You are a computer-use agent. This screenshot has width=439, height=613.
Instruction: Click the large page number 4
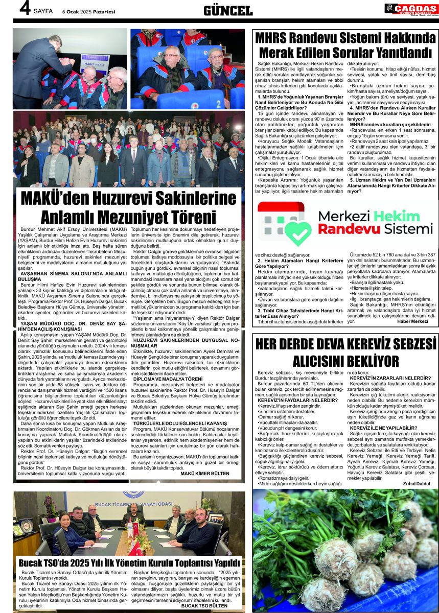(x=22, y=9)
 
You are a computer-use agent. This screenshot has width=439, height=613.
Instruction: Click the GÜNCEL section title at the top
(x=227, y=10)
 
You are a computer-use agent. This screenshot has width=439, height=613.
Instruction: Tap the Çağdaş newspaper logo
(x=411, y=9)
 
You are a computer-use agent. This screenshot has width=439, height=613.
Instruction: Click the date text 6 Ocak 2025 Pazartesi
(x=89, y=11)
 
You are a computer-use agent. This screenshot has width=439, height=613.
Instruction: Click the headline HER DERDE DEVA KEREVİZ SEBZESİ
(x=345, y=344)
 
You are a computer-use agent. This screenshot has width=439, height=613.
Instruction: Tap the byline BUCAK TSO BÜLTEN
(x=205, y=605)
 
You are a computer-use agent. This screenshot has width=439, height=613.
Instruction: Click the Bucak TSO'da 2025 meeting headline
(x=129, y=562)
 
